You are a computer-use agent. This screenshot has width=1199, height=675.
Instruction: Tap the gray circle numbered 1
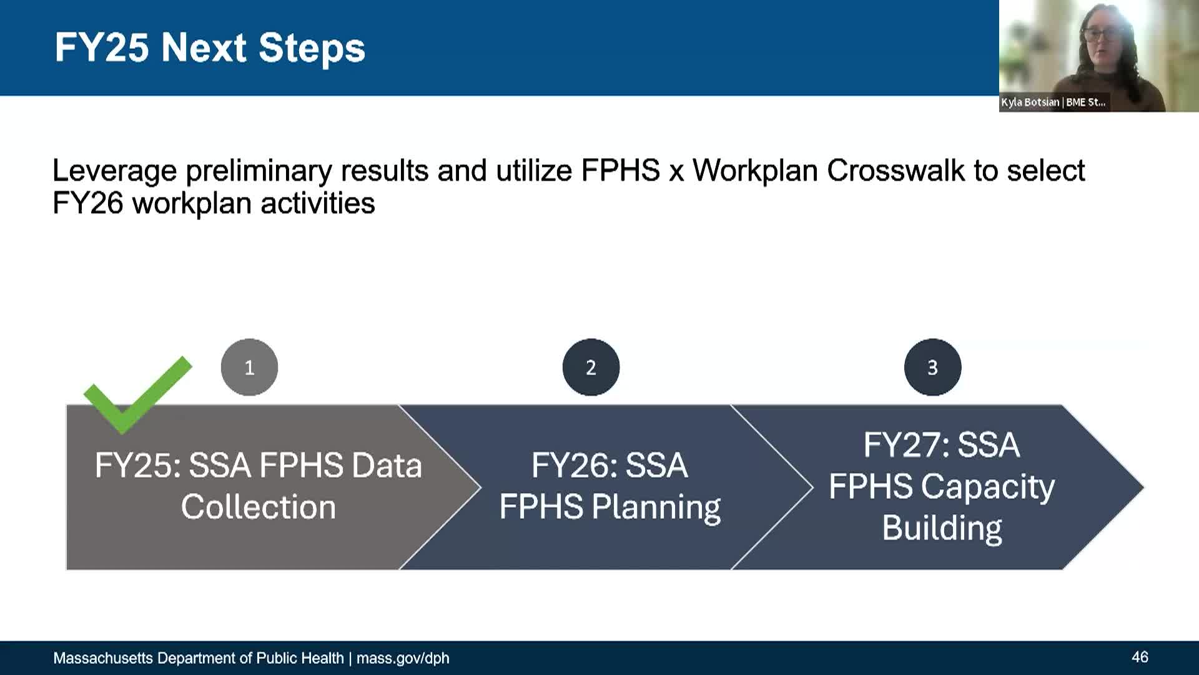point(249,367)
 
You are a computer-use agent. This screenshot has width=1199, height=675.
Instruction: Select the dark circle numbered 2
point(591,367)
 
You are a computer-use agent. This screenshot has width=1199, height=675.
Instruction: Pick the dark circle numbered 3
point(932,367)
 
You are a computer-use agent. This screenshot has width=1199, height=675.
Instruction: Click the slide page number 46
point(1140,657)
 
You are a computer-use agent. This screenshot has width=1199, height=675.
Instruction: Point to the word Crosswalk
point(896,170)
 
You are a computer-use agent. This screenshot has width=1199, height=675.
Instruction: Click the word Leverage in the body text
point(115,171)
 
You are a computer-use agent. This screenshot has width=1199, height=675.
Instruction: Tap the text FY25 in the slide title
point(102,47)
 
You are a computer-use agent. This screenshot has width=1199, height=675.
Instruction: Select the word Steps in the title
point(312,49)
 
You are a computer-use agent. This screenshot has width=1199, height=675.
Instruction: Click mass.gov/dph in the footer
point(403,658)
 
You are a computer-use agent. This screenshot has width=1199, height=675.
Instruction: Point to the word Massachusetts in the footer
point(103,658)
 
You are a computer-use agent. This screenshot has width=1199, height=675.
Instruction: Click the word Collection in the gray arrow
point(259,506)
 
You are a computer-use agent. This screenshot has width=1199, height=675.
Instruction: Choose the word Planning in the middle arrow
point(656,507)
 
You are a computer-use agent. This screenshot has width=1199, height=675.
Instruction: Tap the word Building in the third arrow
point(942,529)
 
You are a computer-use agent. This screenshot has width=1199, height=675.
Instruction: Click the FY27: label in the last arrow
point(907,445)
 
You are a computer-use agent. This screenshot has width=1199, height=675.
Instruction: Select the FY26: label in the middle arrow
point(575,466)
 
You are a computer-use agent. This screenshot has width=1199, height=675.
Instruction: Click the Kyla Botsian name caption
point(1053,102)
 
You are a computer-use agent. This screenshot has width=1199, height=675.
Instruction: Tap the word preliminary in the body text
point(259,171)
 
